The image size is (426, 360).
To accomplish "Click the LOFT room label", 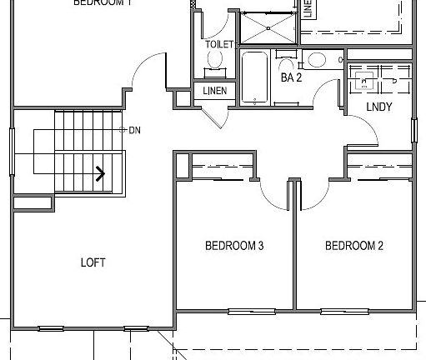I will coord(93,262).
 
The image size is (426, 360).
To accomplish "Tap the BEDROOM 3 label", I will coord(234,246).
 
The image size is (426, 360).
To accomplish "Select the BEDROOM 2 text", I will coord(353,246).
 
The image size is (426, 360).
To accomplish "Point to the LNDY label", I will coord(378,107).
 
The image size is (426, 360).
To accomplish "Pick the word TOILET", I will coord(218,44).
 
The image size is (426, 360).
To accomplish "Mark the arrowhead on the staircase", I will coord(100,174).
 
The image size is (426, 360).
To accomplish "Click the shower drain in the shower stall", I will coord(268,25).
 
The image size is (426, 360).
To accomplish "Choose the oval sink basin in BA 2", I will coord(316,60).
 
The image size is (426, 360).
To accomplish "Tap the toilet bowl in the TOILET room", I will coord(217,60).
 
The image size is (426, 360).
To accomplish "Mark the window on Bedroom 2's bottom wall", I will coord(344,312).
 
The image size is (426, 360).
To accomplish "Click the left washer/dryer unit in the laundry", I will coord(363,80).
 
